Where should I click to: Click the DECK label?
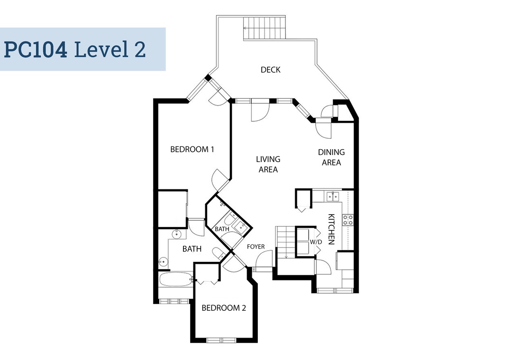pos(270,70)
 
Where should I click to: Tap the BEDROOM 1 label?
pos(192,150)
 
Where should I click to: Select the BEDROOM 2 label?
pos(224,308)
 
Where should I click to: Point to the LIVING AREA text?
pos(268,164)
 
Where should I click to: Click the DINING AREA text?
pos(331,157)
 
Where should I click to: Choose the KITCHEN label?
pos(331,229)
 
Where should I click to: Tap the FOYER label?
pos(256,247)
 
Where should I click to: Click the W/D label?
pos(316,242)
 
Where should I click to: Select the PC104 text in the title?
pos(36,49)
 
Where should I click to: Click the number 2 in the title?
pos(140,49)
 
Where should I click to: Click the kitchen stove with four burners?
pos(347,220)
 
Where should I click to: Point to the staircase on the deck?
pos(265,28)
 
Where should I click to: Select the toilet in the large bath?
pos(218,253)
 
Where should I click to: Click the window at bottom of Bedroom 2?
pos(222,341)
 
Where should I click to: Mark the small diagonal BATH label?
pos(222,229)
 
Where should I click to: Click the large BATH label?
pos(192,249)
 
